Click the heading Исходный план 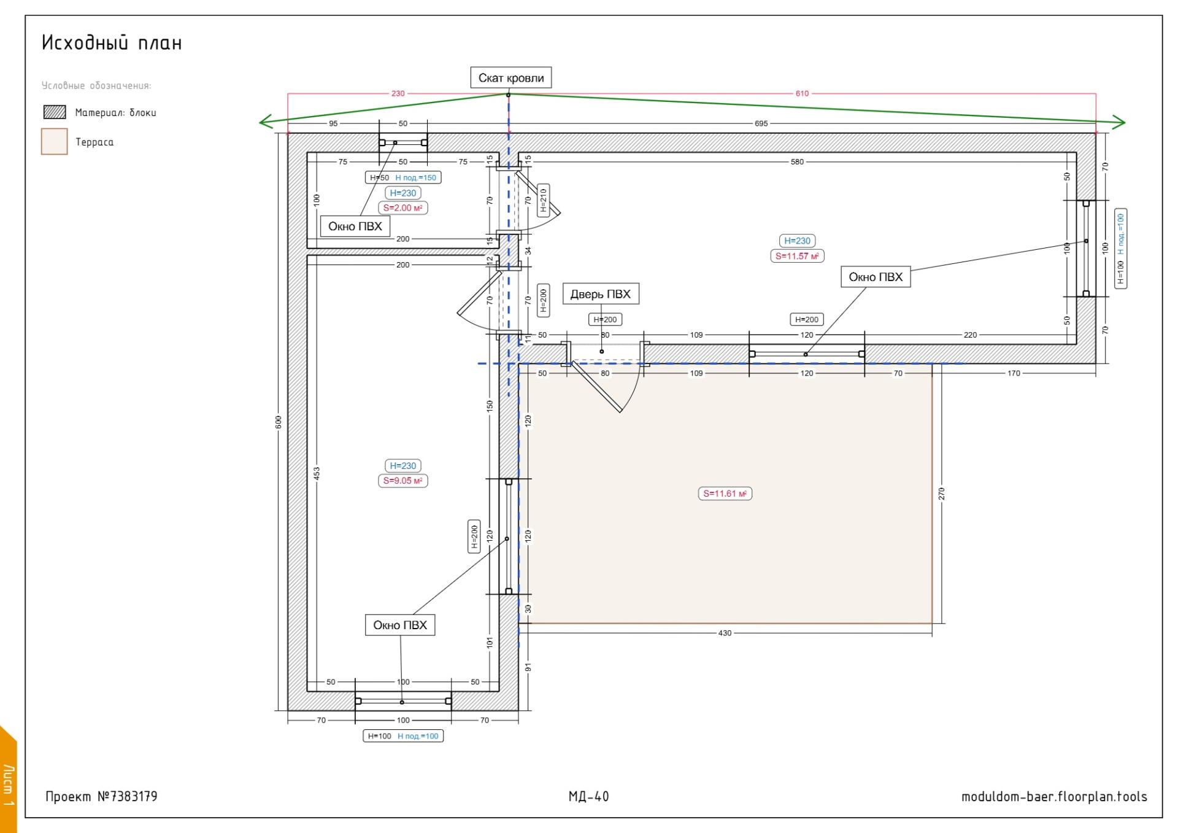coord(112,43)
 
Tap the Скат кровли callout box coord(511,78)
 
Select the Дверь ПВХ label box coord(601,294)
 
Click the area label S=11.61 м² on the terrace coord(725,494)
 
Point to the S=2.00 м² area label coord(402,208)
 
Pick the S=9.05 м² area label coord(402,481)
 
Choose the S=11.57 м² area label coord(797,256)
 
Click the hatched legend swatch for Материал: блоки coord(55,112)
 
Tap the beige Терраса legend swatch coord(54,141)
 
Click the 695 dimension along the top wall coord(761,123)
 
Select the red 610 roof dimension coord(802,94)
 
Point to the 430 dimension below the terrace coord(725,633)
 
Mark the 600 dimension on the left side coord(279,422)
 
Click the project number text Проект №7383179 coord(101,797)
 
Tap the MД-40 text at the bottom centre coord(588,797)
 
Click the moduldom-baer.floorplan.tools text coord(1054,797)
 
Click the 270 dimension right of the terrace coord(942,494)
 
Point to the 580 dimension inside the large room coord(796,162)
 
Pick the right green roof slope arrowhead coord(1120,123)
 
